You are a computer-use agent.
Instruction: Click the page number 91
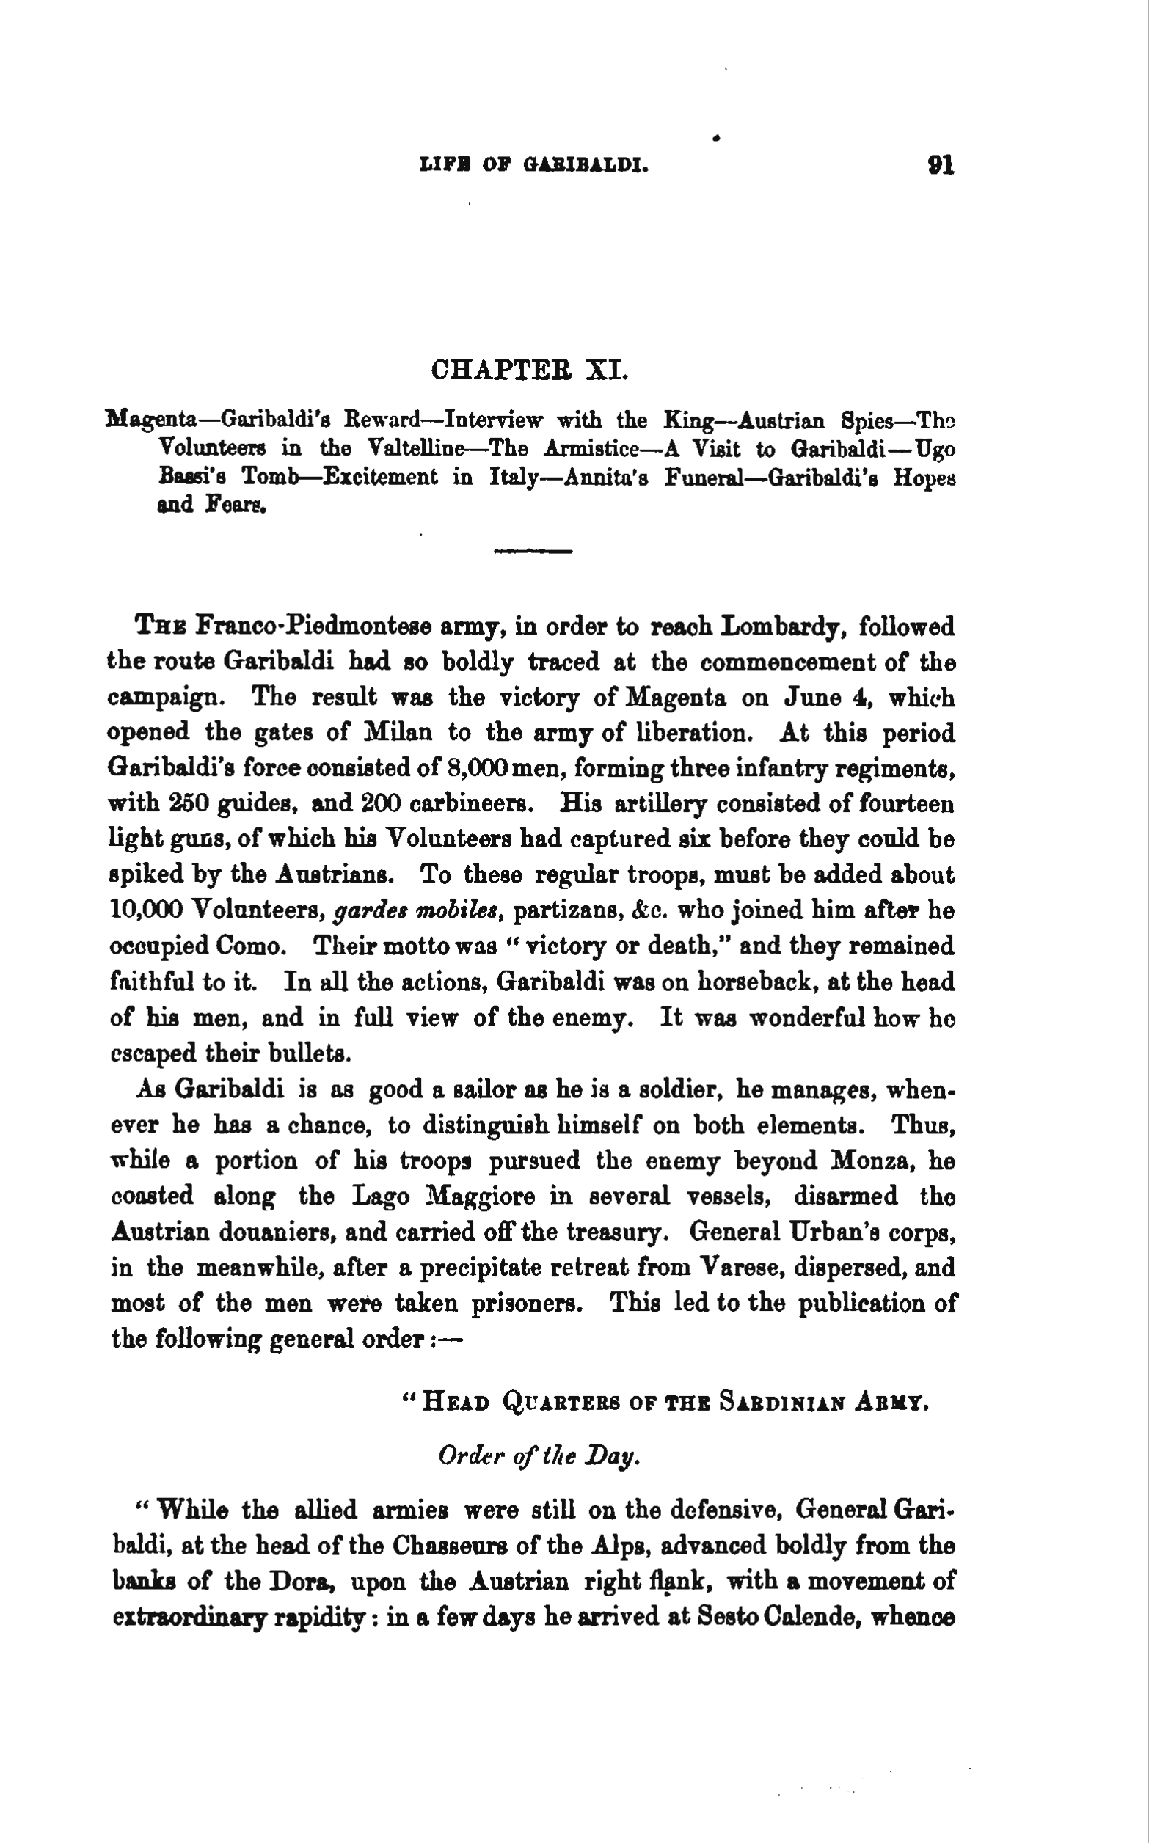(940, 165)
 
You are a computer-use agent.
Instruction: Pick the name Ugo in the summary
(934, 449)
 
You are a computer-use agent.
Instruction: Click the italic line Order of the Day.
(539, 1455)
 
